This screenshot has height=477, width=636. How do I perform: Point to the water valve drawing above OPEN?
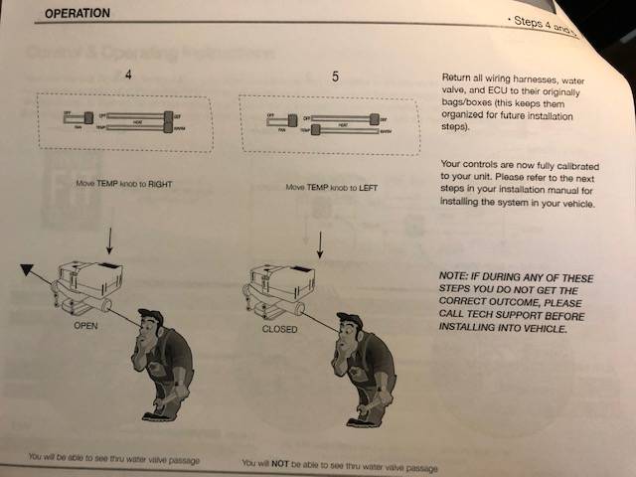coord(87,286)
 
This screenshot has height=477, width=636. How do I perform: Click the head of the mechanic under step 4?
coord(152,329)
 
